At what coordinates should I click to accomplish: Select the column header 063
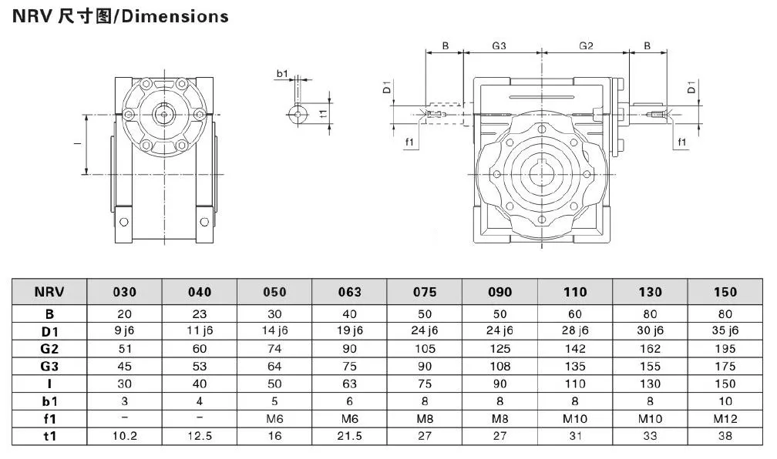[349, 292]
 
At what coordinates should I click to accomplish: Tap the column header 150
[725, 292]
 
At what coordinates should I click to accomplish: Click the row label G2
[49, 347]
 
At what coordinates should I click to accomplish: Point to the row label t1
[49, 436]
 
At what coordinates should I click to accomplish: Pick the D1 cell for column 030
[125, 330]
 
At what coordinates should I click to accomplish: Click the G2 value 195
[725, 348]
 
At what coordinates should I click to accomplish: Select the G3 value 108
[499, 366]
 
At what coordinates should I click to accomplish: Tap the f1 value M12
[725, 418]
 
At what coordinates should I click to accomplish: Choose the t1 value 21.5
[349, 436]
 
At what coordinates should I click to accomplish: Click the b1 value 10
[725, 401]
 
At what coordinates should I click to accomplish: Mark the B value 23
[200, 313]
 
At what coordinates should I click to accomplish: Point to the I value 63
[349, 384]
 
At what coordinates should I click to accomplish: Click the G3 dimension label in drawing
[499, 45]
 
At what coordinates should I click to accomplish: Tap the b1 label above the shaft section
[282, 74]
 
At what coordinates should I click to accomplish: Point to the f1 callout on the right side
[681, 142]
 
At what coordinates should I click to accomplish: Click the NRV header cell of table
[49, 292]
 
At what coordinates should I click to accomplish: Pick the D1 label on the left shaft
[388, 89]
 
